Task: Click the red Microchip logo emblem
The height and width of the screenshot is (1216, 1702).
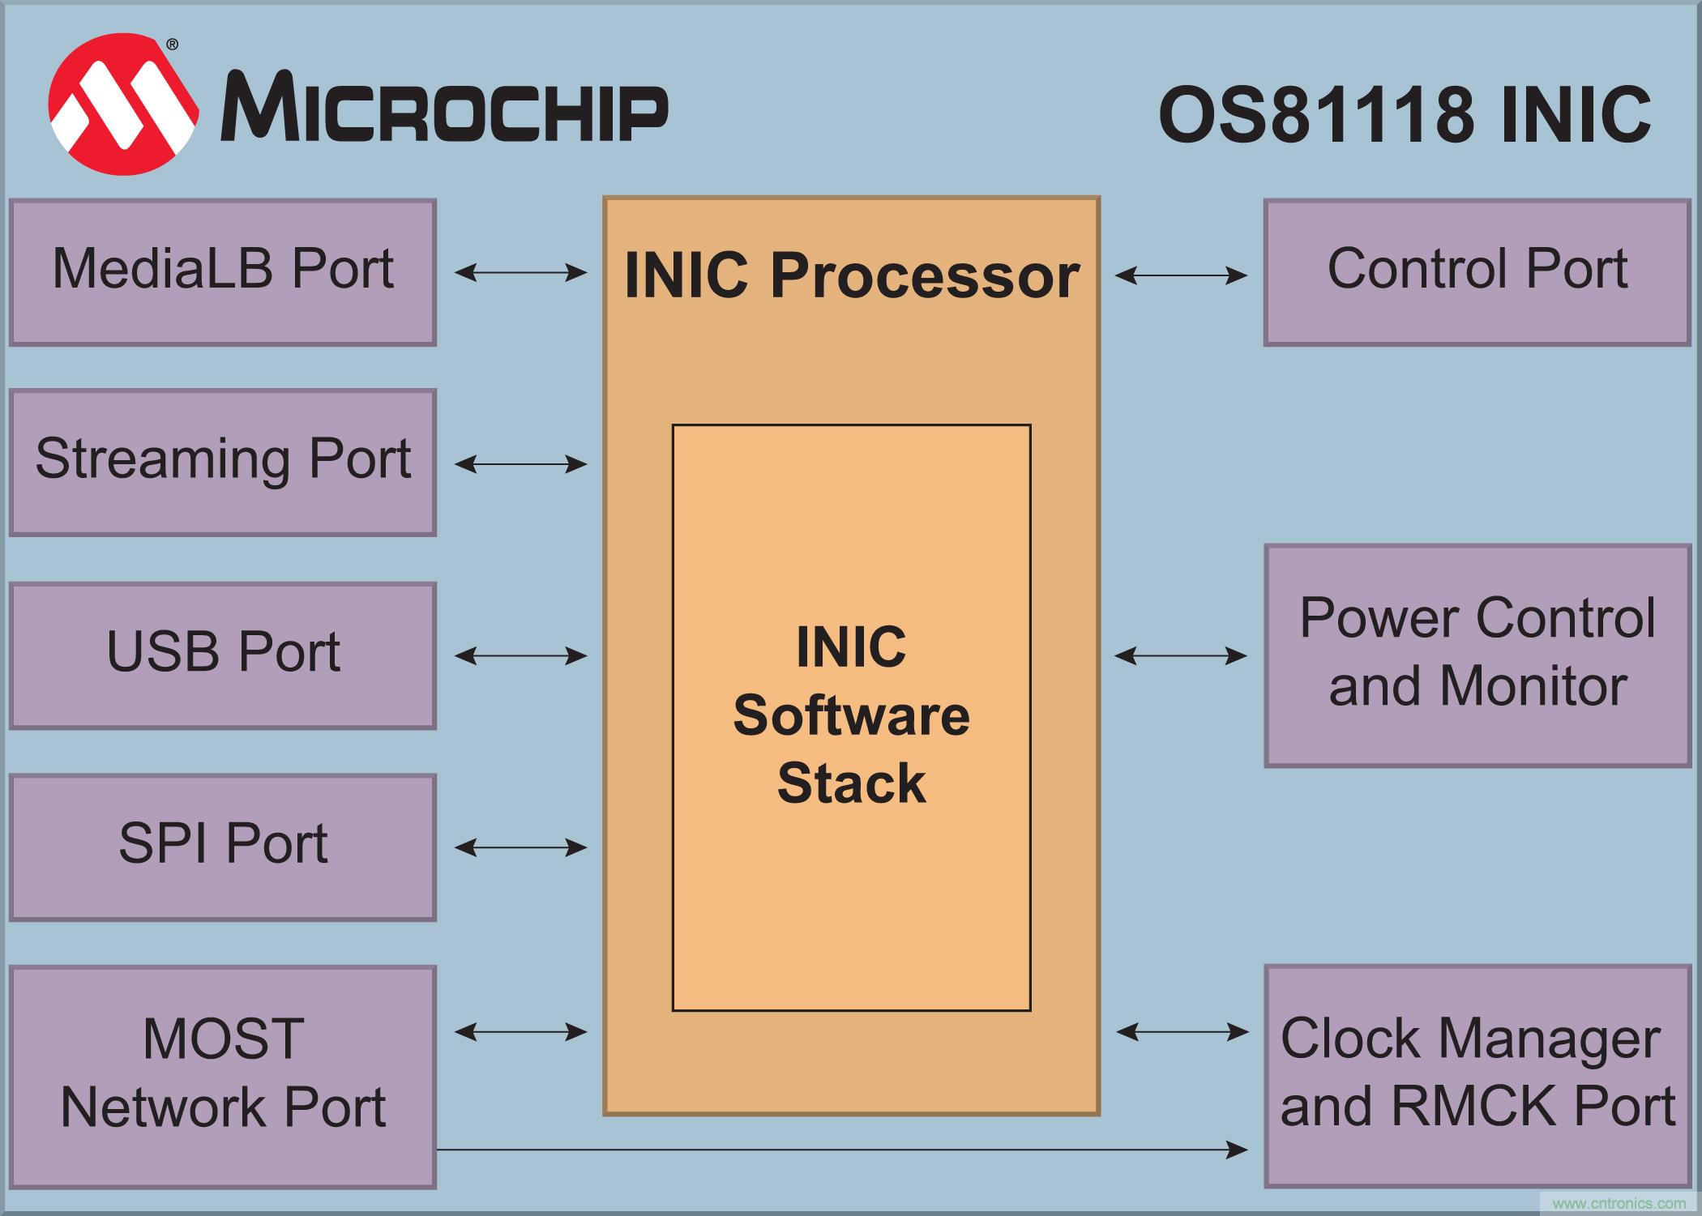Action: point(123,105)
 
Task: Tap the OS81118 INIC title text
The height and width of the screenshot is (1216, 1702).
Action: point(1405,115)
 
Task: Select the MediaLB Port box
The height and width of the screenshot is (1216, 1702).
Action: point(223,272)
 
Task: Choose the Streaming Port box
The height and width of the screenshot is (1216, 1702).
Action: point(223,463)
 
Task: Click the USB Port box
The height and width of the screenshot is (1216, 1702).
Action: point(223,655)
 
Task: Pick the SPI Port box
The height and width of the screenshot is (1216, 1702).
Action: point(223,847)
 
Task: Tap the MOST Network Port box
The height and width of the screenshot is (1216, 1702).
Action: point(223,1076)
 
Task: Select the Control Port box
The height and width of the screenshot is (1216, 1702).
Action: point(1477,272)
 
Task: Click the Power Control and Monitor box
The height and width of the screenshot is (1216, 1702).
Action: point(1477,655)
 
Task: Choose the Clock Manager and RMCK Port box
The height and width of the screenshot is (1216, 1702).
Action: point(1477,1076)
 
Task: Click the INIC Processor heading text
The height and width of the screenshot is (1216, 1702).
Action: point(851,275)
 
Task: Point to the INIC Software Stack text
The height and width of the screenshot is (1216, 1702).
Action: point(851,715)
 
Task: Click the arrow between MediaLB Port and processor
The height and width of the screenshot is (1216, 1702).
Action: point(520,272)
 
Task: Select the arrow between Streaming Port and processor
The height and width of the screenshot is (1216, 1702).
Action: point(520,464)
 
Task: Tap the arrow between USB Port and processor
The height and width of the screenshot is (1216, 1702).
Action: point(520,655)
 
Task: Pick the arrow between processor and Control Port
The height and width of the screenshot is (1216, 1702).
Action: point(1181,275)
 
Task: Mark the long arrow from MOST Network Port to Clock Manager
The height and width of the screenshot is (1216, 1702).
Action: point(843,1149)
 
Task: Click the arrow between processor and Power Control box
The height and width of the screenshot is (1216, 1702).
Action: point(1181,655)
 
